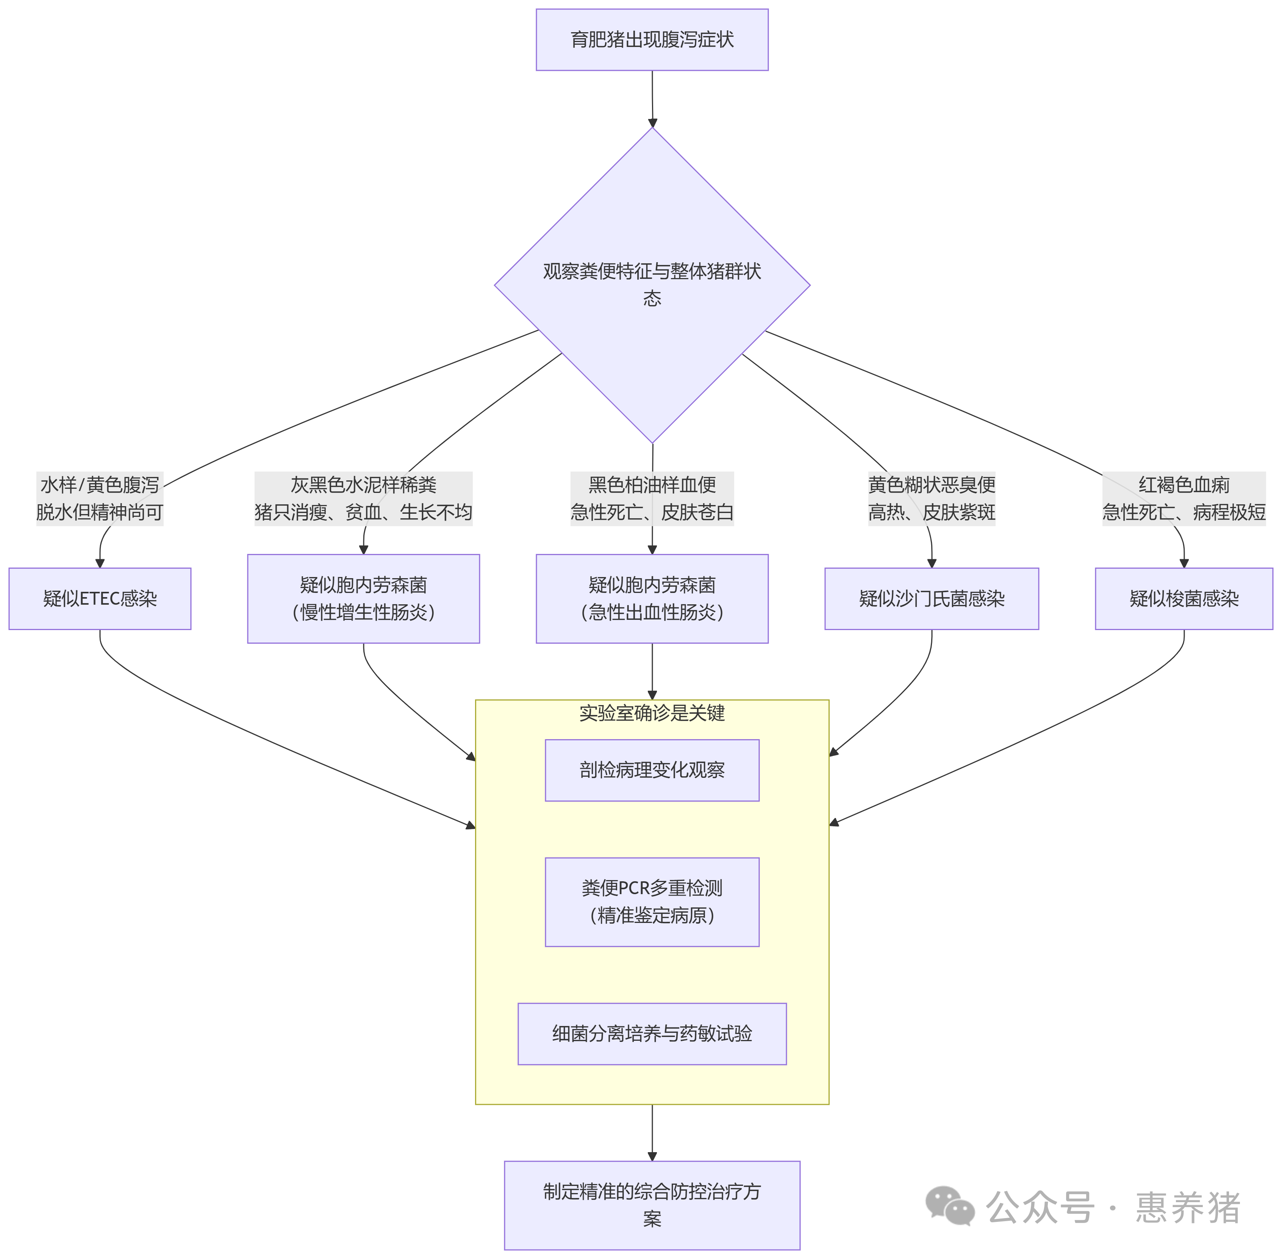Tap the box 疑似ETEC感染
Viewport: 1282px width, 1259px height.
tap(100, 598)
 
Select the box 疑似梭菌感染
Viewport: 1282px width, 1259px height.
tap(1184, 598)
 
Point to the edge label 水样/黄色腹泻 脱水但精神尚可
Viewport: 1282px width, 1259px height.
tap(100, 499)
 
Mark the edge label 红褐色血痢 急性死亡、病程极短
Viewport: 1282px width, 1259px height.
tap(1184, 499)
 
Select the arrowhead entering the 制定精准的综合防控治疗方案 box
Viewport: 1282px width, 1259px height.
tap(652, 1156)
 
